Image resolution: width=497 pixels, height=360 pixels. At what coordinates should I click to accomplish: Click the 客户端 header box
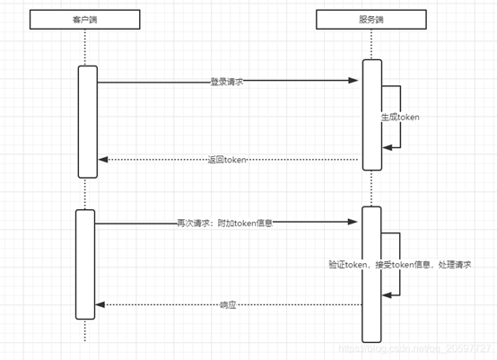(85, 18)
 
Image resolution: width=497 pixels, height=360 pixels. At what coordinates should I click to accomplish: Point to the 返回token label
(226, 160)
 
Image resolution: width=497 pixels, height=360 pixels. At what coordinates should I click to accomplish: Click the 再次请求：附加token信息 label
(224, 223)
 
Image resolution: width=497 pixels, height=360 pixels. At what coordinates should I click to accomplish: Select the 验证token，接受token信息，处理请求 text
(401, 265)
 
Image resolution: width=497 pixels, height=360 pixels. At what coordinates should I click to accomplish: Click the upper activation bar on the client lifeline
(86, 121)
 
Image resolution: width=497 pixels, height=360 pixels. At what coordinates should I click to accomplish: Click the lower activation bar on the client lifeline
(85, 264)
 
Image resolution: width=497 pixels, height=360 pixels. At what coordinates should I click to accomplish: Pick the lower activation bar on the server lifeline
(371, 274)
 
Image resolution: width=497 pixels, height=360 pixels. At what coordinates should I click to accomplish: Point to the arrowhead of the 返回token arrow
(103, 160)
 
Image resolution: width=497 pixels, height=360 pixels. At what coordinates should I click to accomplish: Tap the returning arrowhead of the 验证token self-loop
(388, 294)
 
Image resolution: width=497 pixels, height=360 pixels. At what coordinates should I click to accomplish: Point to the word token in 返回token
(235, 160)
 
